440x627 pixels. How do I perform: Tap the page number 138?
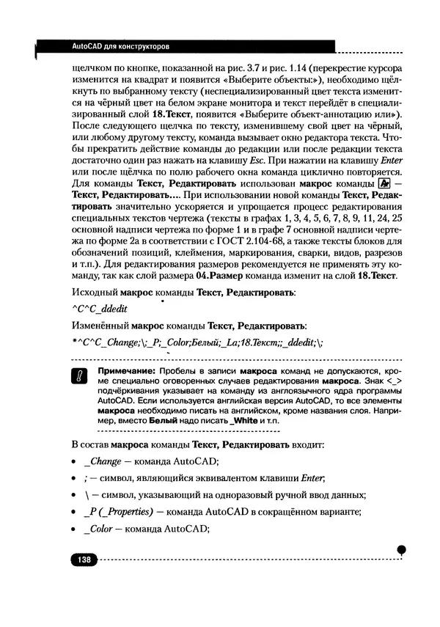84,560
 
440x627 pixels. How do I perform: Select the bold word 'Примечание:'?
121,372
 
